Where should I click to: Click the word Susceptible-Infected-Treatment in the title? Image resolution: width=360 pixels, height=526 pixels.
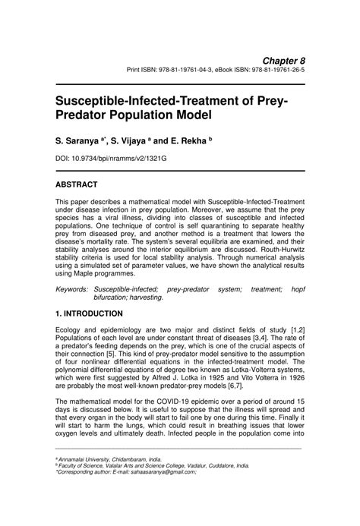tap(141, 99)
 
